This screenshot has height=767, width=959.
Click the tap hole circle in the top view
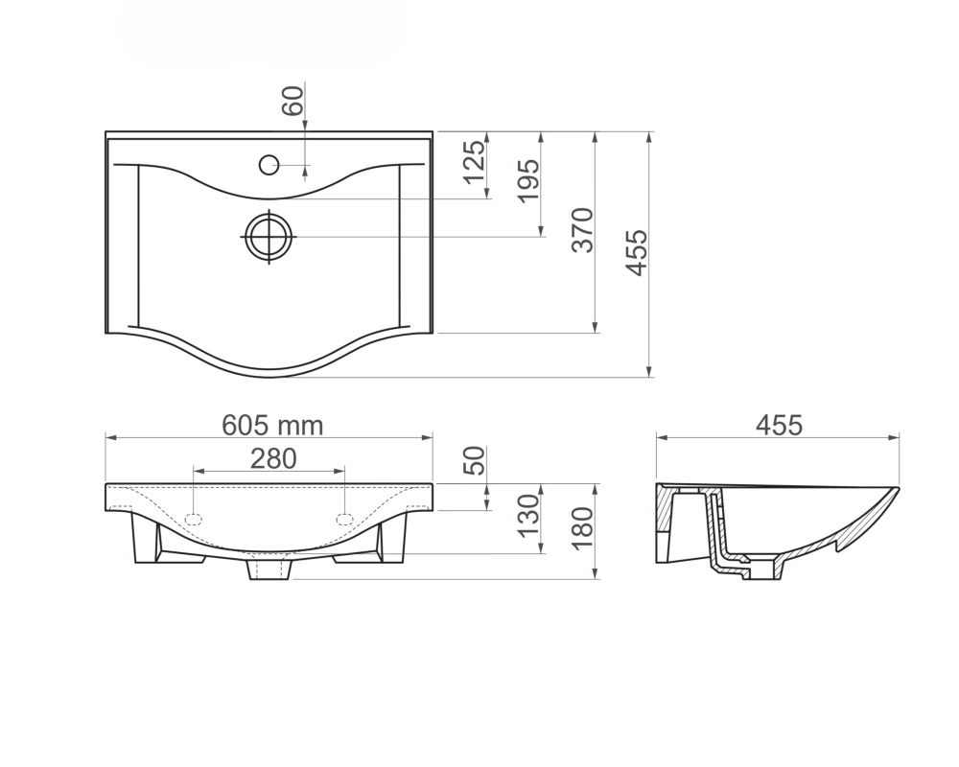tap(269, 165)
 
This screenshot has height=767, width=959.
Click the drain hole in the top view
tap(269, 237)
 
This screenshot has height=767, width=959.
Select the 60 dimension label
tap(292, 101)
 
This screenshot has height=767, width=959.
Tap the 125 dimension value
tap(474, 162)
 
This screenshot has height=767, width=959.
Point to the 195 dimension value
tap(528, 180)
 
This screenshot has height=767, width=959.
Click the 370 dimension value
tap(582, 230)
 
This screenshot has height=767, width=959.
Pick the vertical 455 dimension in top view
tap(636, 252)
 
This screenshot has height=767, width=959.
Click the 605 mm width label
tap(272, 426)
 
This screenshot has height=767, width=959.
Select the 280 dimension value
tap(273, 458)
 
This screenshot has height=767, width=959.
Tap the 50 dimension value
tap(475, 460)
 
